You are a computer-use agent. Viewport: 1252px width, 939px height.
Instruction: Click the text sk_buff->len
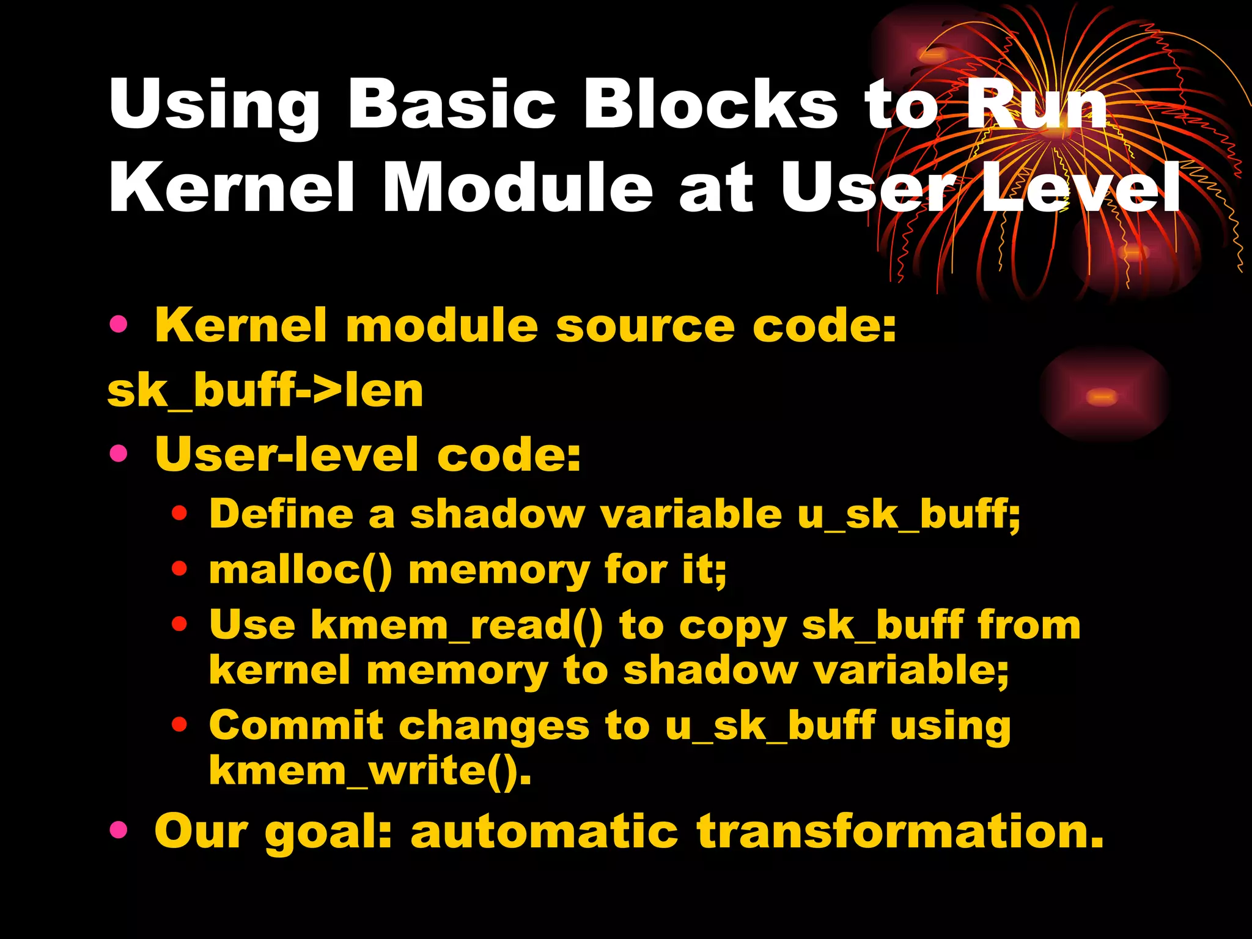coord(265,391)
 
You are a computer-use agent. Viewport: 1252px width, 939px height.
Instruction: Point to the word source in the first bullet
coord(645,325)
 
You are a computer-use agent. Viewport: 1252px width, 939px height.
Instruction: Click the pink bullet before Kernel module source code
coord(119,325)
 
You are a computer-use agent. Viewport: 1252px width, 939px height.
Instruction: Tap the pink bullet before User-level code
coord(119,454)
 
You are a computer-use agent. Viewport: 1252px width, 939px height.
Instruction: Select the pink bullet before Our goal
coord(119,830)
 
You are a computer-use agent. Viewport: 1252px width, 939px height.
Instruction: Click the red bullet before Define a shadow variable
coord(179,514)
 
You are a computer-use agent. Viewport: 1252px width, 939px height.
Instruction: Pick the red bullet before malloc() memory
coord(179,569)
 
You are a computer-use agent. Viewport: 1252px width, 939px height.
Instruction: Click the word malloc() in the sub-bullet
coord(300,570)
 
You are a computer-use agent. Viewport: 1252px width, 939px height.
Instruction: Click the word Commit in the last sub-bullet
coord(296,726)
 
